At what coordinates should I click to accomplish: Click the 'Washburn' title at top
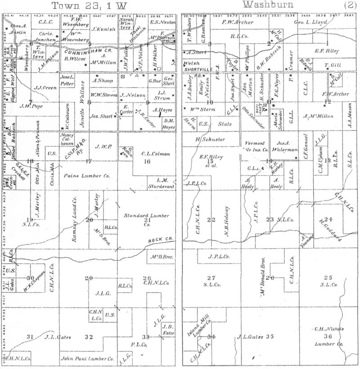[268, 5]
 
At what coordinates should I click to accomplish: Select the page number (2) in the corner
[350, 5]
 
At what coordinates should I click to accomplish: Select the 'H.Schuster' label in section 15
[210, 139]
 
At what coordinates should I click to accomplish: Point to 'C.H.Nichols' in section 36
[328, 328]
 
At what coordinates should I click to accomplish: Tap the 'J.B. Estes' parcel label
[169, 330]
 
